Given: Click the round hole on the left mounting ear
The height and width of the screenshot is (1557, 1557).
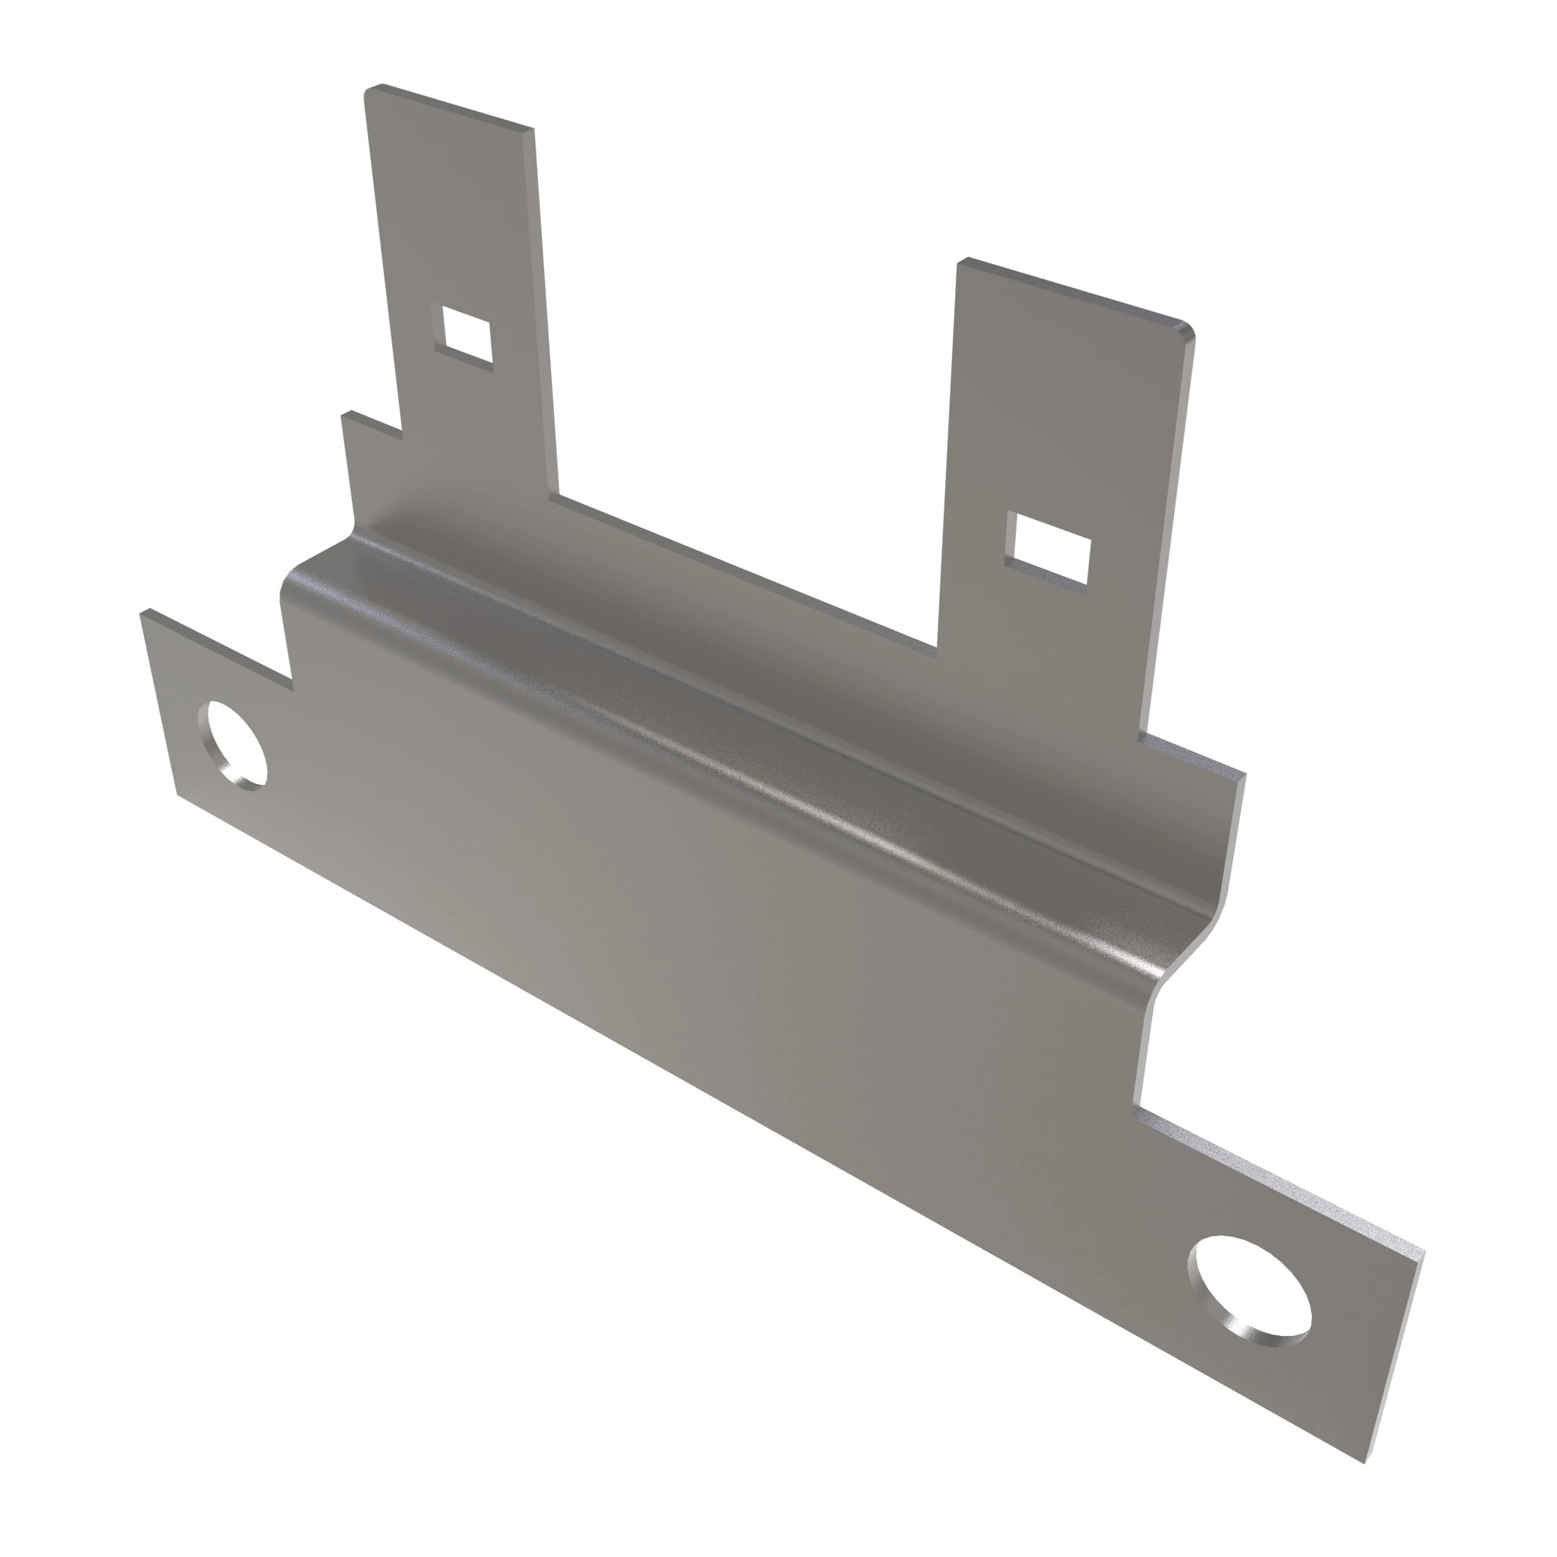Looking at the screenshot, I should click(x=236, y=743).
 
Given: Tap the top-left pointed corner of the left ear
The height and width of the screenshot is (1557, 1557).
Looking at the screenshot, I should click(x=143, y=614).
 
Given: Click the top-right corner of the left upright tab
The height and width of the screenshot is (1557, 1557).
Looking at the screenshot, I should click(x=532, y=131).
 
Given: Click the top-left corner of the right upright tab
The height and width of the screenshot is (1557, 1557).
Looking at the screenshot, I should click(x=961, y=262).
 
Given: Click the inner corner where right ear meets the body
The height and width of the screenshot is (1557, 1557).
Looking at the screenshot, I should click(x=1137, y=1105).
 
